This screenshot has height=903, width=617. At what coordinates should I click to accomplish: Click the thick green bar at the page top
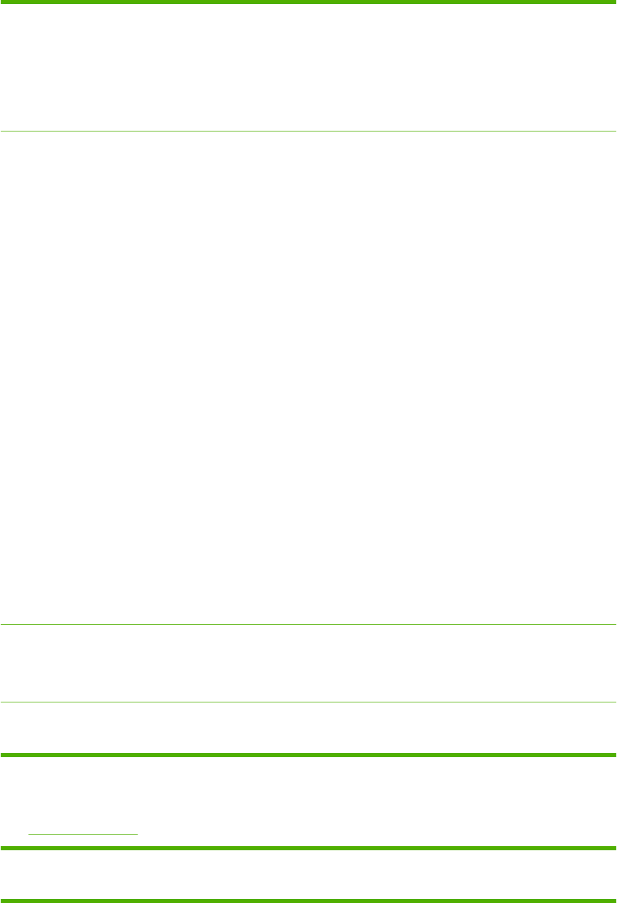[x=308, y=2]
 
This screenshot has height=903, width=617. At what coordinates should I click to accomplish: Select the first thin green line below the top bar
[x=308, y=131]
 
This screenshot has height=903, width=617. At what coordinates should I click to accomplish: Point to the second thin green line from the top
[x=308, y=624]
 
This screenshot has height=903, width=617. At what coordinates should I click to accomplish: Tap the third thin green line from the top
[x=308, y=702]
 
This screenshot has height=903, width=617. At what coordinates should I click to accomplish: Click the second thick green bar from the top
[x=308, y=754]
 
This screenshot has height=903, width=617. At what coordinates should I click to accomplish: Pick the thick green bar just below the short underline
[x=308, y=848]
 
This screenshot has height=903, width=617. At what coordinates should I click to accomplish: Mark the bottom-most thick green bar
[x=308, y=900]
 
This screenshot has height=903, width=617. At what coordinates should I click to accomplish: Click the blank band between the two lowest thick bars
[x=308, y=874]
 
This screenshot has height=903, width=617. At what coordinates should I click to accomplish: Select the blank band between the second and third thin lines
[x=308, y=663]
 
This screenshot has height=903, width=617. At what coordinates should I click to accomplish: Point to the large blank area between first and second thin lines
[x=308, y=377]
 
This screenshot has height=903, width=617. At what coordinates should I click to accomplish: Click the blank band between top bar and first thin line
[x=308, y=67]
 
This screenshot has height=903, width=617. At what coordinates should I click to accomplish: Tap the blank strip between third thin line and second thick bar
[x=308, y=728]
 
